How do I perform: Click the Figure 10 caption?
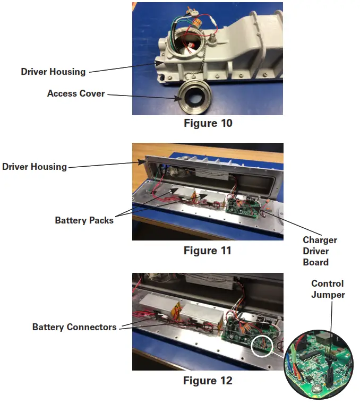(x=208, y=124)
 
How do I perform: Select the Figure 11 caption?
(x=208, y=250)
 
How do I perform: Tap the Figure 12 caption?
(x=208, y=381)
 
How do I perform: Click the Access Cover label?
(x=76, y=93)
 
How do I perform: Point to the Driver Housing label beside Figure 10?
(x=53, y=71)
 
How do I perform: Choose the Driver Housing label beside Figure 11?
(x=35, y=167)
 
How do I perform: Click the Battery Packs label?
(x=84, y=220)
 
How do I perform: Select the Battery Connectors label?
(x=74, y=327)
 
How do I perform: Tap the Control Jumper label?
(x=327, y=289)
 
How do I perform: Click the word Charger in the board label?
(x=320, y=240)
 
